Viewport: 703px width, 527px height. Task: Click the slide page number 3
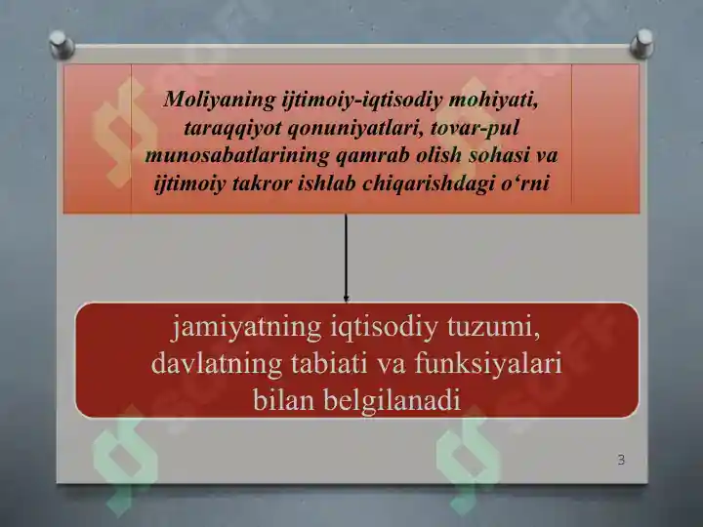(621, 459)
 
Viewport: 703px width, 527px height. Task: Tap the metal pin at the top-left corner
(62, 43)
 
